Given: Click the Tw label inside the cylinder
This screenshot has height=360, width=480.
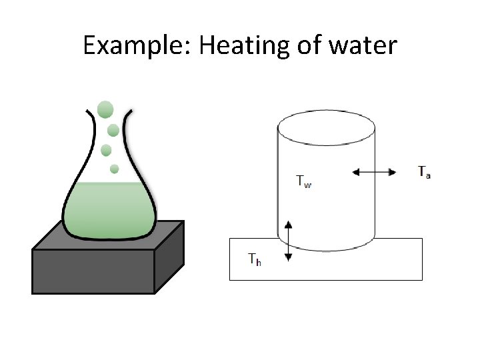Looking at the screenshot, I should (303, 181).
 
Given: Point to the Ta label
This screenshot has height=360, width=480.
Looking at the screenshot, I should (424, 171).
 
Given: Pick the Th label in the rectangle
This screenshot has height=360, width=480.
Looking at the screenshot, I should (254, 259).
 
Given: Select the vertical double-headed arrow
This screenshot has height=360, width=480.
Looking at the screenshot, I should (288, 241).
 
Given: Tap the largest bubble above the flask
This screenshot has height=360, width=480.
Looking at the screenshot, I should (105, 109).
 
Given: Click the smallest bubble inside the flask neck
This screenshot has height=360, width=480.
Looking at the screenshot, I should (114, 169).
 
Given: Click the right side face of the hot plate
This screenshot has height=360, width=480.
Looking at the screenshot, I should (169, 257).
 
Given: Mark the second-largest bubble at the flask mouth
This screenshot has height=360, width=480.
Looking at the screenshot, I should (113, 129).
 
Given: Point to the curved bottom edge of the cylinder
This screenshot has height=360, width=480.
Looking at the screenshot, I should (325, 250).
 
